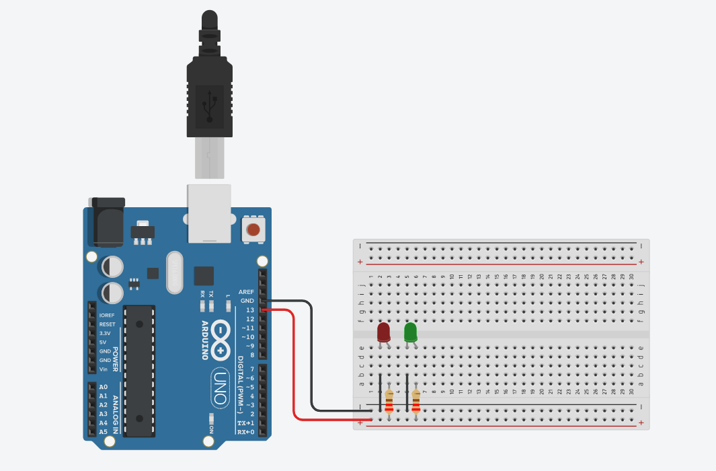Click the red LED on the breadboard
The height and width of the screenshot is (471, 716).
pos(383,332)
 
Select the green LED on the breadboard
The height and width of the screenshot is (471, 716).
pos(410,332)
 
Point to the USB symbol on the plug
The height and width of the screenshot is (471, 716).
pos(210,106)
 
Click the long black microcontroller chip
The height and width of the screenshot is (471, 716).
pos(140,370)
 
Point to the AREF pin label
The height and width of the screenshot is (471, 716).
pos(246,292)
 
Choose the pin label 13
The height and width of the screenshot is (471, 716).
pos(250,310)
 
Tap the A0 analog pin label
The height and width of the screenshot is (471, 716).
pos(103,387)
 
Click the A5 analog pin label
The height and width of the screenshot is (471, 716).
pos(103,432)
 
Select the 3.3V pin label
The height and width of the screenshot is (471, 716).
pos(105,333)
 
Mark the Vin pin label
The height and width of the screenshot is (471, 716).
pos(104,369)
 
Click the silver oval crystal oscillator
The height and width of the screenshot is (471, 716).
pos(174,273)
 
